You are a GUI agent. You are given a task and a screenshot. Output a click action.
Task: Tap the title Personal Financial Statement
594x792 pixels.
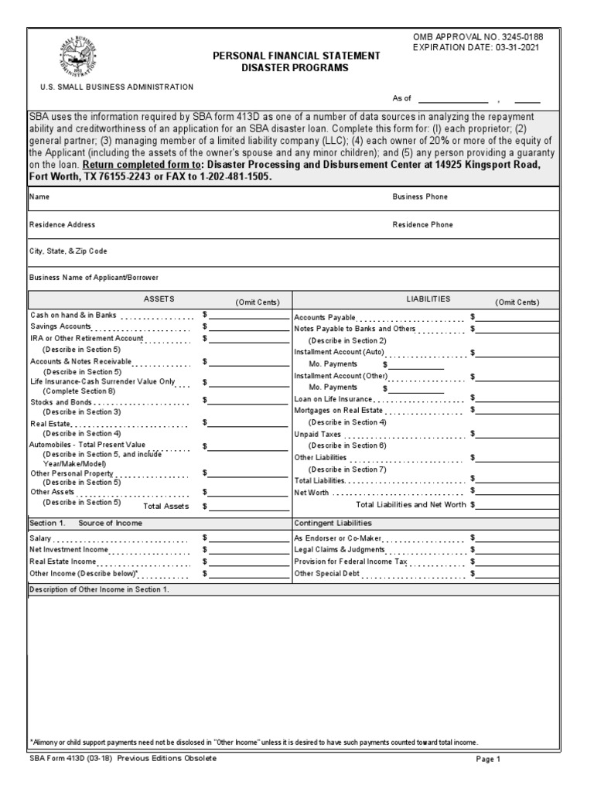[296, 56]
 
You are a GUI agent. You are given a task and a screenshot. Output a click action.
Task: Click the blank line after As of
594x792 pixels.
[452, 100]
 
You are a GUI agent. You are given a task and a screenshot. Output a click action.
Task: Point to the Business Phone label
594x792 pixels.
[420, 197]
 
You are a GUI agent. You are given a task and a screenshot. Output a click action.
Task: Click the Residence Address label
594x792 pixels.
[63, 225]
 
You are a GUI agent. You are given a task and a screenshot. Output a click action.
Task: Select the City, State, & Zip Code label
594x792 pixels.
[68, 251]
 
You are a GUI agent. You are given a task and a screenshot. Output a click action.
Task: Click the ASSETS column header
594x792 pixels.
[159, 299]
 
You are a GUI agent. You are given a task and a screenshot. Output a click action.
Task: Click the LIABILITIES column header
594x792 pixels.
[428, 299]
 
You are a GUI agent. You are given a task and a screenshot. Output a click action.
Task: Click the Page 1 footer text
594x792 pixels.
[489, 760]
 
